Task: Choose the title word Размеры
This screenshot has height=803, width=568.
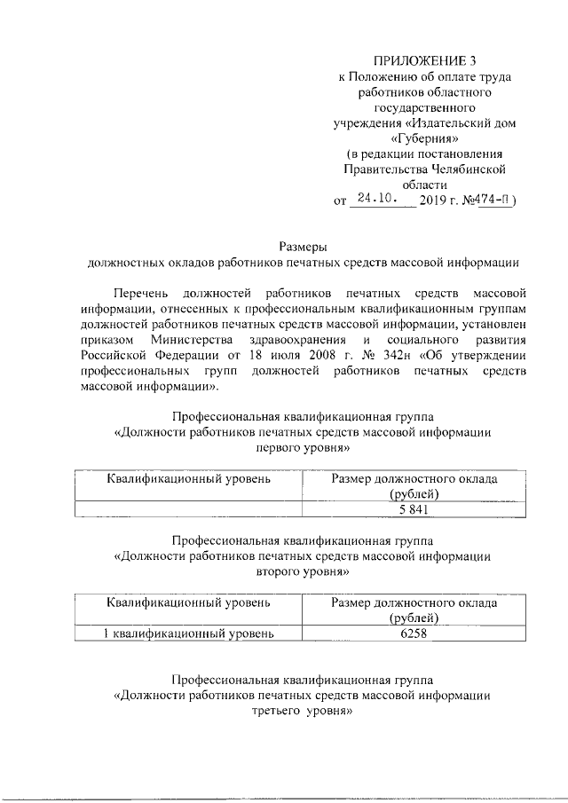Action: (304, 248)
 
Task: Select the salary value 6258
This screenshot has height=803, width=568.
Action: (414, 634)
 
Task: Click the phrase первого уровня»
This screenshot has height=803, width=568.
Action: (303, 449)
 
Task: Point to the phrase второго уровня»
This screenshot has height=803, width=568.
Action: (303, 572)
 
